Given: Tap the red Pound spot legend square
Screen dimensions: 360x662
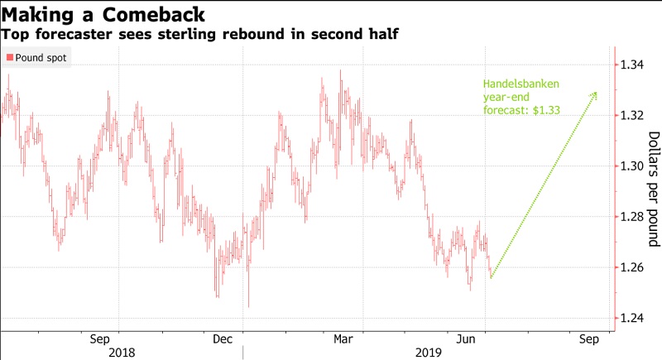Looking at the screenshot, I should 9,57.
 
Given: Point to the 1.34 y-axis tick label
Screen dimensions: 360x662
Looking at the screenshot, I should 634,65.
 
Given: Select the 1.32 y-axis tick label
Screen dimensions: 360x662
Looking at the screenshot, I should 634,116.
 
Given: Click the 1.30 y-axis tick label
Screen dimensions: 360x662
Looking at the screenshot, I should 634,166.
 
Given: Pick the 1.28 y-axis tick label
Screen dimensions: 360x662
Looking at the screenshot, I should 634,218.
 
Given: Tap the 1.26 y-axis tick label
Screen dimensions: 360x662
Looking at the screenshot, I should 634,268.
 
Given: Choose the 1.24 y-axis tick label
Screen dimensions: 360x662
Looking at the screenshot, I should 634,319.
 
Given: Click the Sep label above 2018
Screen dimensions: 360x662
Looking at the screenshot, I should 99,339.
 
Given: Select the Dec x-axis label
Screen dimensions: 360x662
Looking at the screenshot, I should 223,339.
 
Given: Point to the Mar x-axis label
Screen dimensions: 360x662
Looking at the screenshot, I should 343,339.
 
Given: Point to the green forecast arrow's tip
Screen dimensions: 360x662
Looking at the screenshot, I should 597,93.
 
